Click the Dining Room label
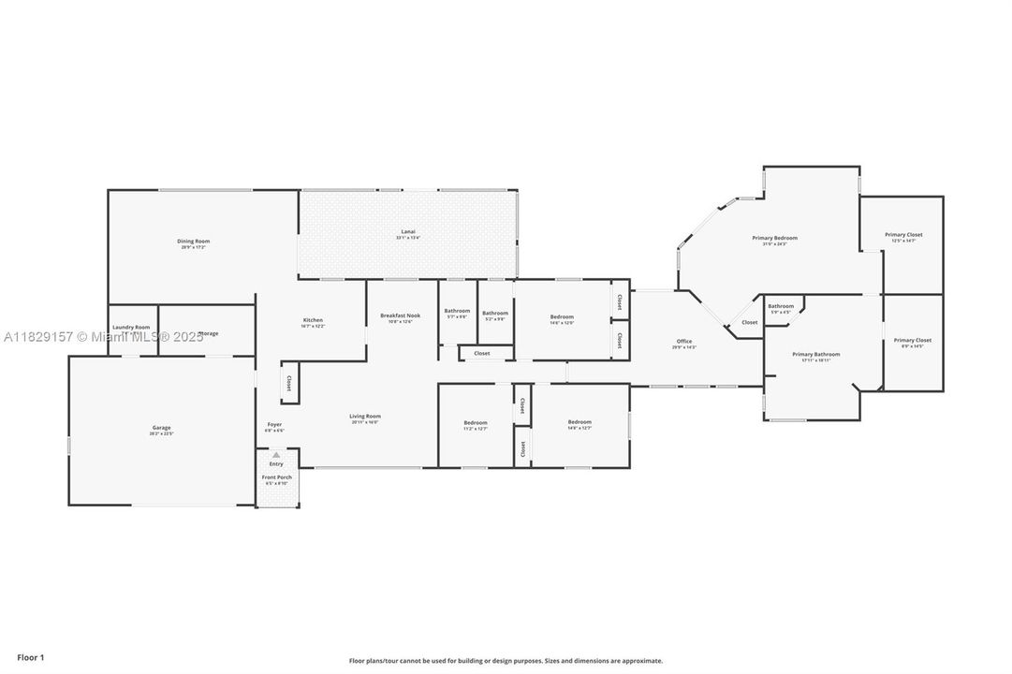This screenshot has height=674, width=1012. coord(194,242)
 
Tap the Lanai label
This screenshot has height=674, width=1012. coord(408,232)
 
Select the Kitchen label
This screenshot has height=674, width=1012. coord(313,320)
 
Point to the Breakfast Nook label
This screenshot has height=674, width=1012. coord(401,316)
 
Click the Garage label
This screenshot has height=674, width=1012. coord(161,429)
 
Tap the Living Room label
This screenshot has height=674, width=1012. coord(365,417)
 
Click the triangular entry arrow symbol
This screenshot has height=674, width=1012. coord(276,456)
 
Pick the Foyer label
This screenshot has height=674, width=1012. coord(274,425)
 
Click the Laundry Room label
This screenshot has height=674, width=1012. coord(132,328)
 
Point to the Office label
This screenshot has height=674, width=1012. coord(684,341)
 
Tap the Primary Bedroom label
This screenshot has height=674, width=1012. coord(774,239)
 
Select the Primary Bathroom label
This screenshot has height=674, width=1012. coord(815,355)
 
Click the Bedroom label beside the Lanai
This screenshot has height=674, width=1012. coord(562,316)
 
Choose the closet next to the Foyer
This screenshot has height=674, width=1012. coord(289,383)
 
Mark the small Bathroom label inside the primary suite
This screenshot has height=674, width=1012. coord(781,306)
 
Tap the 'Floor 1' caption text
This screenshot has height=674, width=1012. coord(30,658)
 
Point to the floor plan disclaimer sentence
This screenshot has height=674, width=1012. coord(506,661)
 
